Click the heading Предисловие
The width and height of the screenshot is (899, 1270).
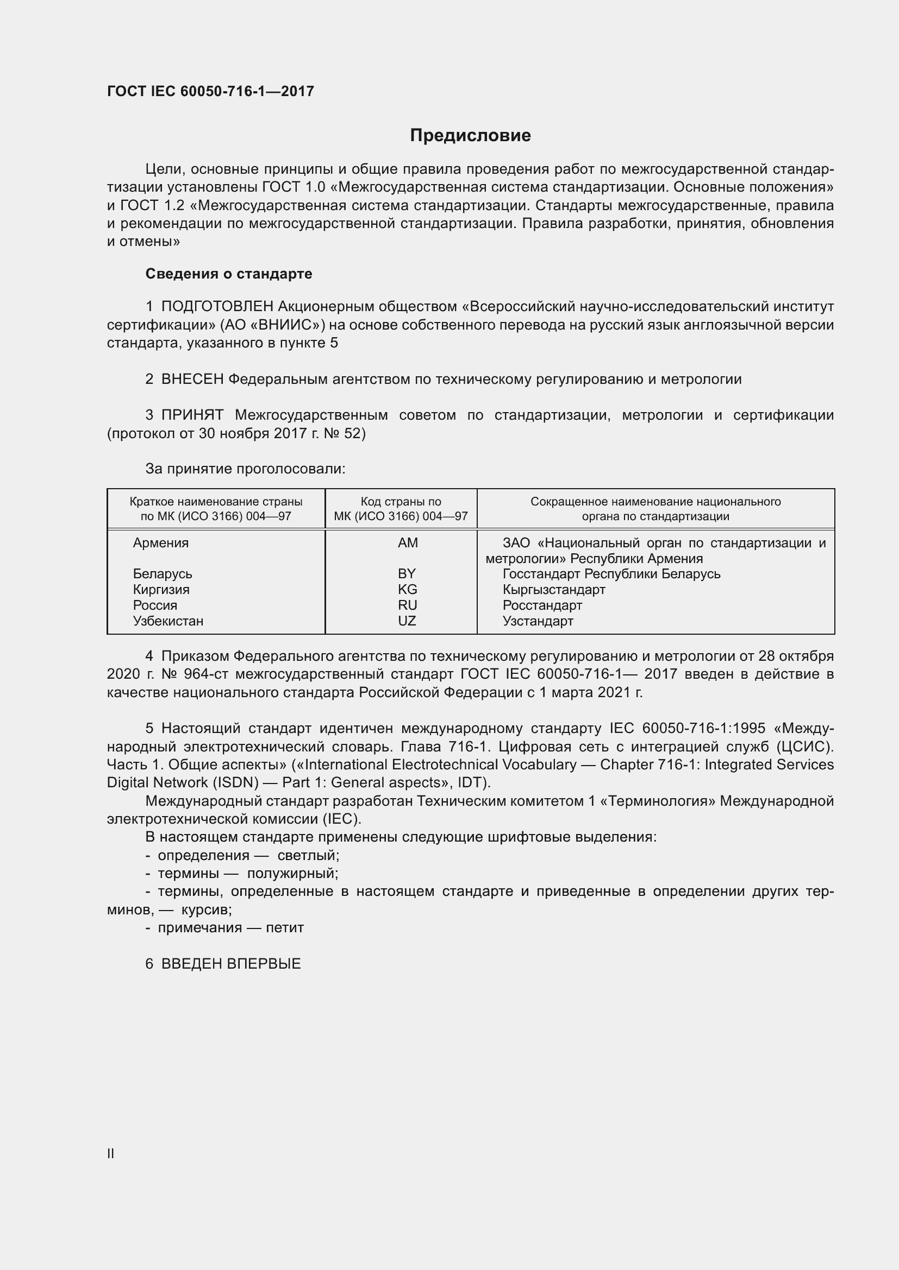pos(470,136)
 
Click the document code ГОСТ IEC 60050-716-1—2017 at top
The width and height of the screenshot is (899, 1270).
pos(210,91)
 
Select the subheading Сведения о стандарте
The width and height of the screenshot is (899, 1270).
pos(229,274)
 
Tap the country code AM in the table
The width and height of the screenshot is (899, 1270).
pos(408,542)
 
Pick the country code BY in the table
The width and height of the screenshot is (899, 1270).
pos(407,573)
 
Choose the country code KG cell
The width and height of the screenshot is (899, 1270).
pos(408,589)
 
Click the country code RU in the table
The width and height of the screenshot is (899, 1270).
pos(408,605)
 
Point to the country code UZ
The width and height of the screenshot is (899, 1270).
pos(407,621)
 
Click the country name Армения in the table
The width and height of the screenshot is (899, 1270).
pos(160,542)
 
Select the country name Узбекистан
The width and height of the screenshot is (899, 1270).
pos(168,621)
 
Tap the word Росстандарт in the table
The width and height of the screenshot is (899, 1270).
pos(542,605)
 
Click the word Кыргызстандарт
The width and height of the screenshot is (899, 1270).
pos(553,589)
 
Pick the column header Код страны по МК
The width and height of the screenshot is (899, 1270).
pos(401,509)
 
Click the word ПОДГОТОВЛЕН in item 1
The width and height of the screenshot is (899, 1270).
pos(217,306)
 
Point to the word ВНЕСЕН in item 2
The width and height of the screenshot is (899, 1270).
pos(192,380)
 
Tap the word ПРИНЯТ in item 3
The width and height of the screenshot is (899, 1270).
pos(192,415)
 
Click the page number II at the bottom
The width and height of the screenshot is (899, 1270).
pos(111,1153)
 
